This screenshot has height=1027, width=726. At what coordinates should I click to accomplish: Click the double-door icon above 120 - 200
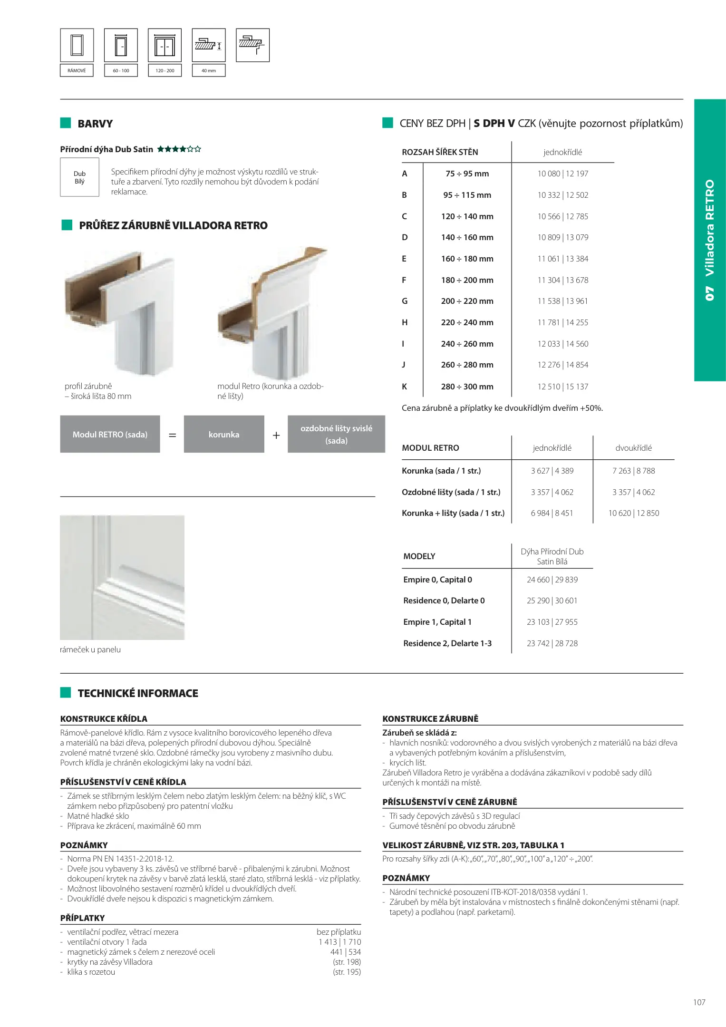click(165, 46)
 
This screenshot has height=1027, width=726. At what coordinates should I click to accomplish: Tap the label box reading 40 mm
click(208, 70)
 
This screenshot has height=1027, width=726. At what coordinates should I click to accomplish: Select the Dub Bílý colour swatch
click(79, 177)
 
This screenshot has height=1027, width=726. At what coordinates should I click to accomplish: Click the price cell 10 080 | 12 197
click(562, 174)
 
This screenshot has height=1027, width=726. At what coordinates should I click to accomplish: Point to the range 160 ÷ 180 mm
click(467, 259)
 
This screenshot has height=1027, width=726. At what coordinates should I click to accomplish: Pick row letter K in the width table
click(405, 387)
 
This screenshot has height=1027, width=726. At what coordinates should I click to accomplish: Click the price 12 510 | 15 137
click(562, 387)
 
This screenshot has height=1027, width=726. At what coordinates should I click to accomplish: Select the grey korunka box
click(224, 434)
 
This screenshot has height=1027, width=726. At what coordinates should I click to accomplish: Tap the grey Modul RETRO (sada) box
click(110, 434)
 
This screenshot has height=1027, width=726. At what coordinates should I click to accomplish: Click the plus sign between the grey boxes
click(276, 435)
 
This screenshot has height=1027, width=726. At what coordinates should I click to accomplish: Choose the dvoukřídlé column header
click(633, 448)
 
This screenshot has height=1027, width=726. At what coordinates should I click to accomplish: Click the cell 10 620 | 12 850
click(633, 513)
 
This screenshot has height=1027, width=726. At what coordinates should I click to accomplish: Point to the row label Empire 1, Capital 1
click(437, 622)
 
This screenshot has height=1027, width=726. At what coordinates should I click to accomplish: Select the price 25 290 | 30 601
click(552, 601)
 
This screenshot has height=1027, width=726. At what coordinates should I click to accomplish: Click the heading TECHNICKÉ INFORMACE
click(138, 693)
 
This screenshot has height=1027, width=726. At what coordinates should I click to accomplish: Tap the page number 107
click(699, 1002)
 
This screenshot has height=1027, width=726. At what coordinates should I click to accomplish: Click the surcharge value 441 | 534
click(345, 952)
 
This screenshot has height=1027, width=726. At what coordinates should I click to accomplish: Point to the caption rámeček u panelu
click(90, 649)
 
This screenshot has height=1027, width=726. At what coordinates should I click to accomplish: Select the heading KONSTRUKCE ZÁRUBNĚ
click(430, 719)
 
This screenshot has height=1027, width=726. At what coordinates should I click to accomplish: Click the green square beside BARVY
click(66, 123)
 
